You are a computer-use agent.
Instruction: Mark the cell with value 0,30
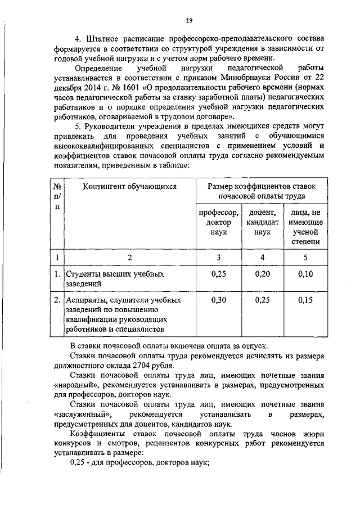click(x=219, y=300)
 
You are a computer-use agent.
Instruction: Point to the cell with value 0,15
click(x=305, y=300)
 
